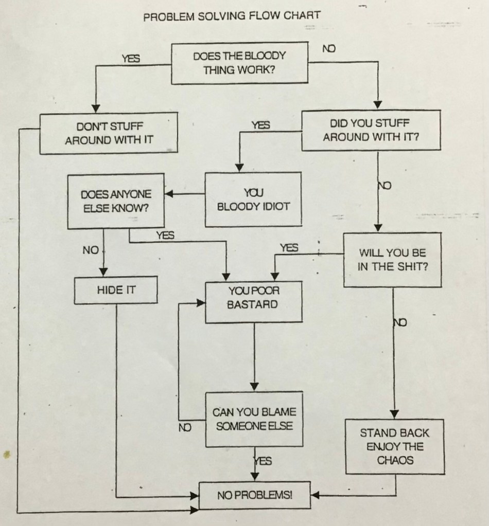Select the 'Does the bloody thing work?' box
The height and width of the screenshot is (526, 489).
tap(239, 63)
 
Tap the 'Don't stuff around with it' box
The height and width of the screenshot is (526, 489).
tap(109, 133)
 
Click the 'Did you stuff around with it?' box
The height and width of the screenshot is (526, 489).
tap(371, 130)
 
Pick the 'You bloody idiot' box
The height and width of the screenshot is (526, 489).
tap(253, 199)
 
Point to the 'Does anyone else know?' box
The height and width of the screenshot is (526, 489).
tap(116, 201)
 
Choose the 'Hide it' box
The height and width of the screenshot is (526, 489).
tap(116, 290)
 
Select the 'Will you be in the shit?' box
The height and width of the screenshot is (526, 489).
tap(392, 260)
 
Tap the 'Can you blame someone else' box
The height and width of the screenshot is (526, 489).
tap(254, 420)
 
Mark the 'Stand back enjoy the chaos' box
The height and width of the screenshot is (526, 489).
tap(394, 446)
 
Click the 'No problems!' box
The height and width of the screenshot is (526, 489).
tap(254, 496)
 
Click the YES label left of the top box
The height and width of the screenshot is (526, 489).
tap(131, 59)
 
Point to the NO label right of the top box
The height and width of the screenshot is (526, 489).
tap(329, 49)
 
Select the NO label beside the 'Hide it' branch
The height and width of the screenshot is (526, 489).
tap(90, 250)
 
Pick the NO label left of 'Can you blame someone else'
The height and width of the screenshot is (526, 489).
tap(185, 427)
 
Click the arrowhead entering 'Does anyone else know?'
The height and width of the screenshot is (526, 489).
tap(169, 194)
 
